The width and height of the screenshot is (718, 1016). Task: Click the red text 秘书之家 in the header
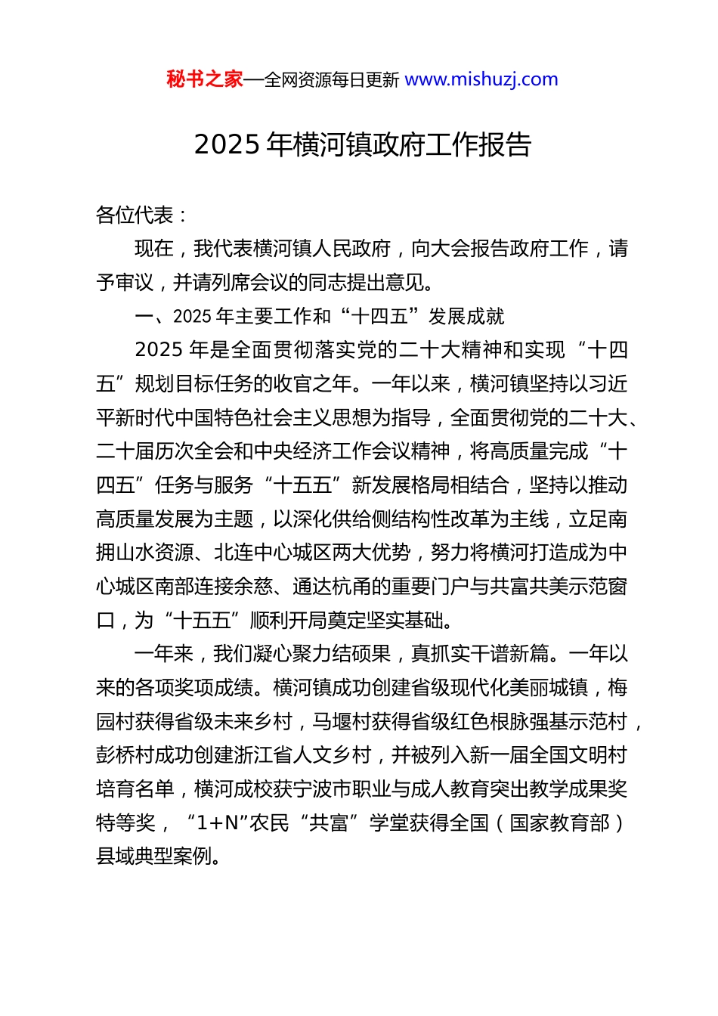pos(205,79)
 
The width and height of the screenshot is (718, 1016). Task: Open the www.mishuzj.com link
pos(481,79)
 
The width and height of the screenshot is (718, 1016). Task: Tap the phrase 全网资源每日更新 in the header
pos(332,80)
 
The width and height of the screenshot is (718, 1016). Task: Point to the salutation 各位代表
pos(135,215)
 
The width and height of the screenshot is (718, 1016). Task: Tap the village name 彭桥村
pos(125,754)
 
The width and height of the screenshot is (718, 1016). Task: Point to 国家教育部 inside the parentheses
pos(559,822)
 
